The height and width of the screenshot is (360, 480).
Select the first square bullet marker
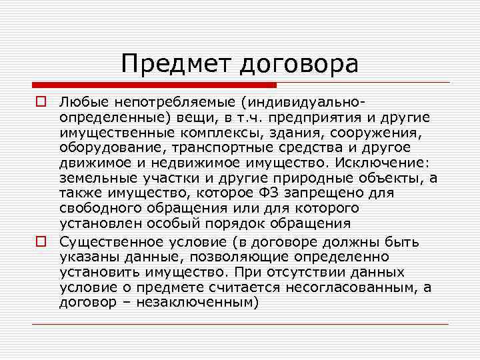click(40, 103)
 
